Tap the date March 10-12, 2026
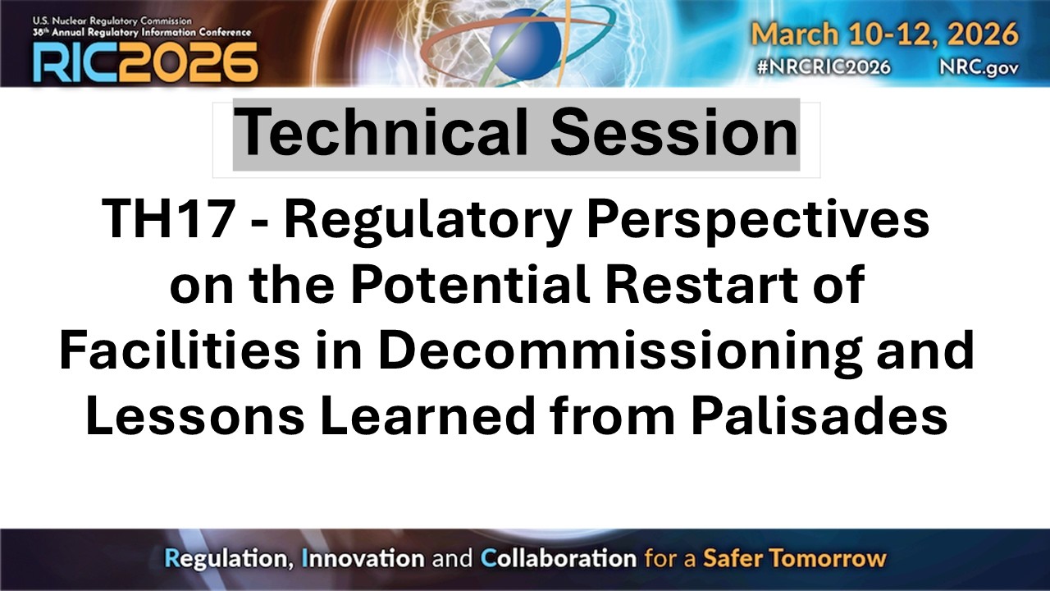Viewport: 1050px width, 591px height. [885, 34]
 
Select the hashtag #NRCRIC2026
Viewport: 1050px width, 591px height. [825, 67]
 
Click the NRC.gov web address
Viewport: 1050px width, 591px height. [979, 67]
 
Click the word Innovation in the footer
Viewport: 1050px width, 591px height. [363, 559]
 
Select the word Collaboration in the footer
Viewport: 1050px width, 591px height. [558, 559]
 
